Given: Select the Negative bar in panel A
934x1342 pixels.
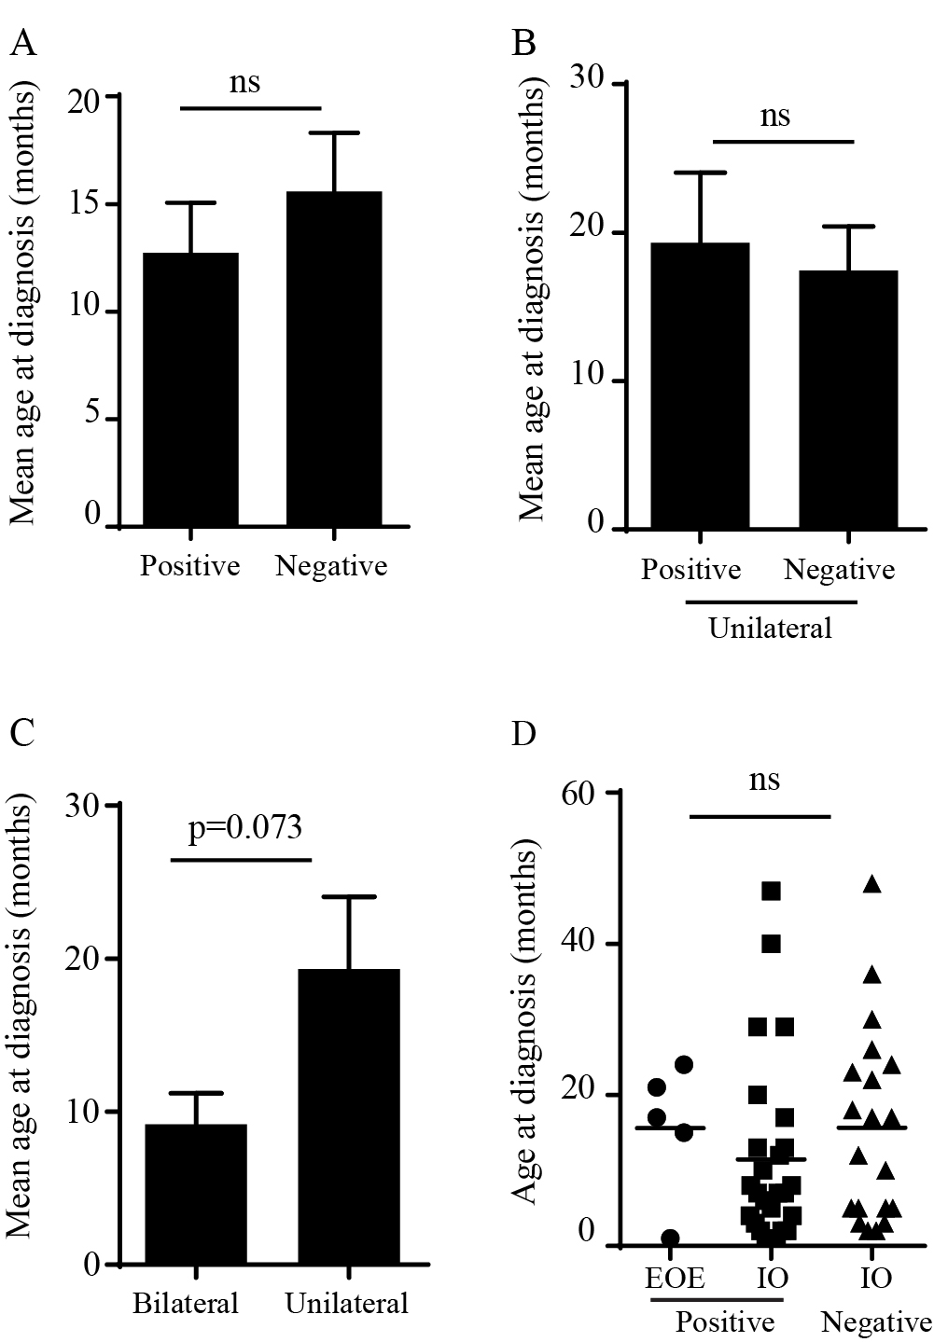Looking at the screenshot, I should point(334,359).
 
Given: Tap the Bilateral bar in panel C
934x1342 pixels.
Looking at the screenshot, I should point(195,1195).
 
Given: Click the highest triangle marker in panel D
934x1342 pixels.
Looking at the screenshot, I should point(872,884).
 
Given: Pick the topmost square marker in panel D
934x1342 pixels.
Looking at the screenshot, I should point(771,891).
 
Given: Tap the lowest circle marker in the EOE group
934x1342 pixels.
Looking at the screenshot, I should point(670,1238).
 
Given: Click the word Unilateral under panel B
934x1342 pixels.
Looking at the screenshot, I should point(770,628).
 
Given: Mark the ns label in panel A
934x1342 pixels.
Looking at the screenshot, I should point(244,82).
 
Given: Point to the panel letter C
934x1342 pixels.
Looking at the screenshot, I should point(21,734).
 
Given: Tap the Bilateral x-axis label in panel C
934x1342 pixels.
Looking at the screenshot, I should point(186,1302).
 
